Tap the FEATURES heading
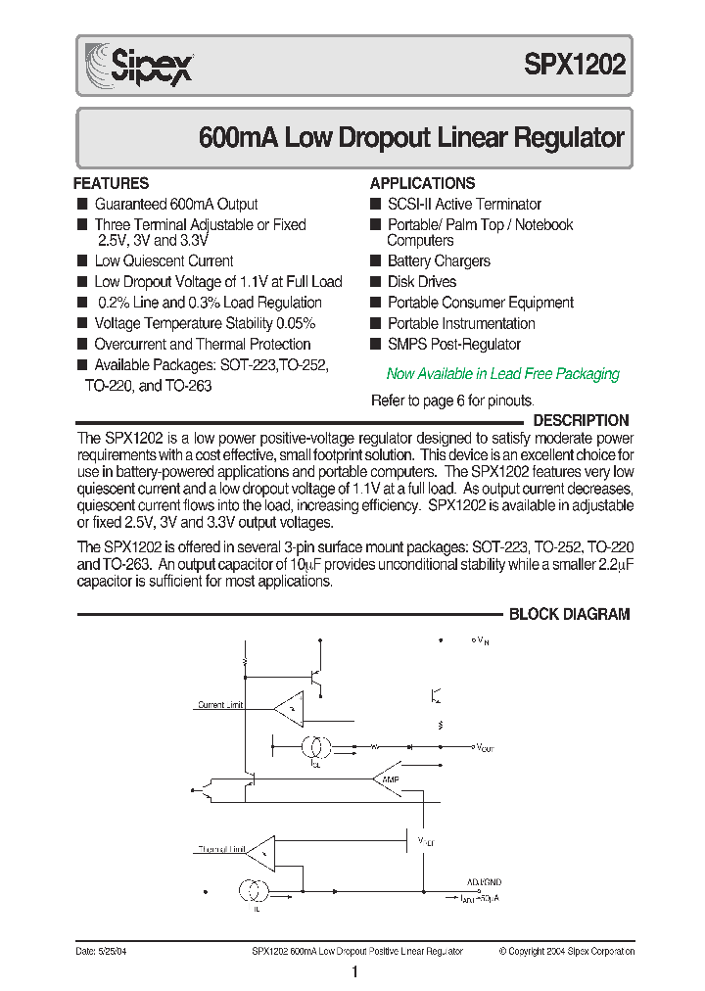click(112, 183)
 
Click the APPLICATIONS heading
click(422, 183)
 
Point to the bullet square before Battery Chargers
click(375, 261)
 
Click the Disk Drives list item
click(422, 282)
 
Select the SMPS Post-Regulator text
click(453, 344)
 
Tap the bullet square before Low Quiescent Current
click(82, 261)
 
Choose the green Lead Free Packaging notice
click(502, 373)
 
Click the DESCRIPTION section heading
click(581, 420)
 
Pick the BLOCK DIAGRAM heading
click(569, 614)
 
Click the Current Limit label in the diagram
click(219, 705)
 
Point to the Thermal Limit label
click(220, 849)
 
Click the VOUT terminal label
click(486, 747)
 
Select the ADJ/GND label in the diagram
click(484, 881)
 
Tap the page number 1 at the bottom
click(354, 972)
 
